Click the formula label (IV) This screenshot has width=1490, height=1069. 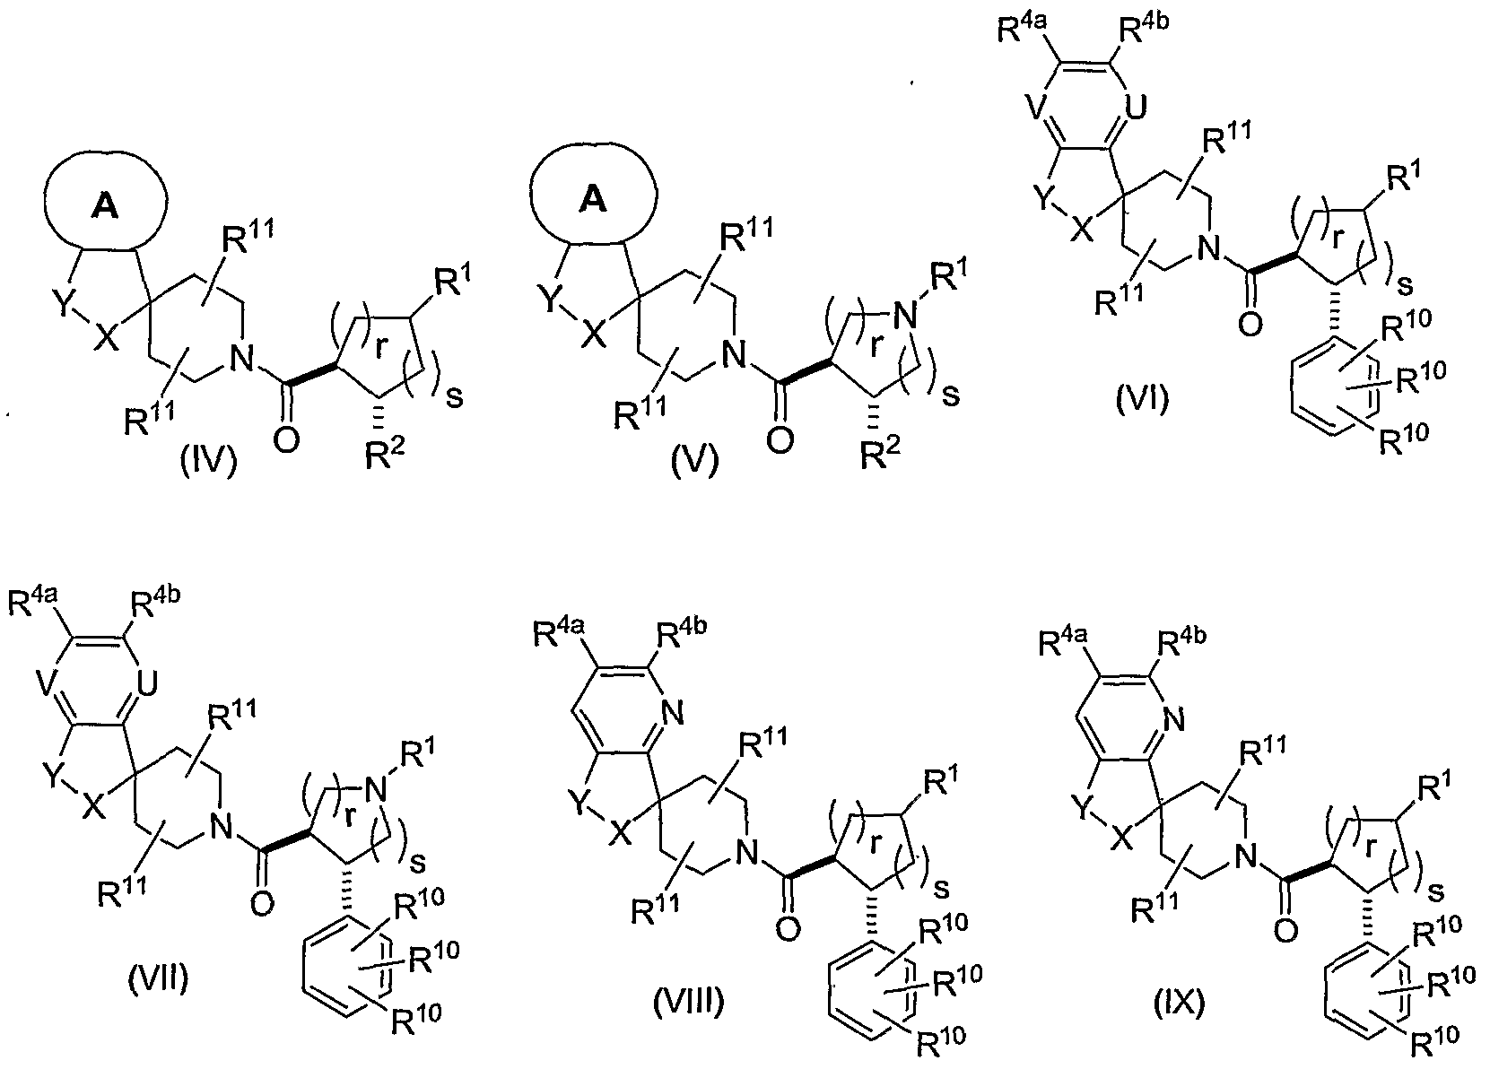pos(209,461)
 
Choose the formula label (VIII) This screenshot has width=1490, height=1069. pos(688,1002)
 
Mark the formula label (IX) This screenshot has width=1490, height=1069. pos(1180,1002)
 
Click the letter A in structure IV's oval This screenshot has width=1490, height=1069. pos(105,207)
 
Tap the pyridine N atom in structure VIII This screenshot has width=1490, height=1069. pos(673,714)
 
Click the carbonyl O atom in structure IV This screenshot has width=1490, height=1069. pos(287,439)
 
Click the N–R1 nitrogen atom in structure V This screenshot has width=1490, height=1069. pos(904,315)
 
